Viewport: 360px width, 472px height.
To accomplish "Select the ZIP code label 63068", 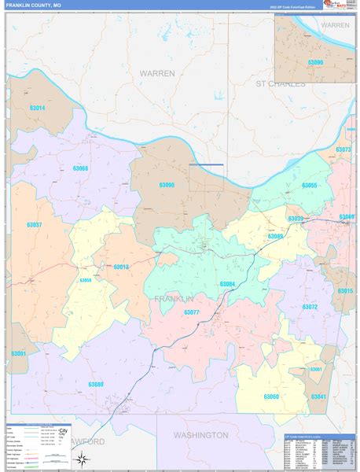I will (80, 168).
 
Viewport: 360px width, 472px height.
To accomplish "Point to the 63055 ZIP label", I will (308, 186).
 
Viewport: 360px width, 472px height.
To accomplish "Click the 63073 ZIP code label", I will (343, 149).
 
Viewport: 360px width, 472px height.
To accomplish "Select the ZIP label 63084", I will (227, 283).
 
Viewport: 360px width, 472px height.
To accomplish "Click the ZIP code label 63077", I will (192, 312).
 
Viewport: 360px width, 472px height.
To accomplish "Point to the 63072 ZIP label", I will (310, 307).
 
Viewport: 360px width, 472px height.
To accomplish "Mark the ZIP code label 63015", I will (345, 291).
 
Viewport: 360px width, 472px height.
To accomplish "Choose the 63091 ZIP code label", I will (19, 354).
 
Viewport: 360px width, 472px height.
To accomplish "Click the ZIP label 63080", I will (95, 384).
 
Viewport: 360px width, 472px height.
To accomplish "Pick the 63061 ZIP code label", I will (317, 369).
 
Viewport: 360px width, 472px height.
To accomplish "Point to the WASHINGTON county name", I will (201, 435).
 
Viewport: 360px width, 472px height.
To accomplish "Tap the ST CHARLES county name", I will (280, 83).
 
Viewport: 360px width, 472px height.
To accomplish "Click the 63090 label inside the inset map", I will (314, 62).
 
